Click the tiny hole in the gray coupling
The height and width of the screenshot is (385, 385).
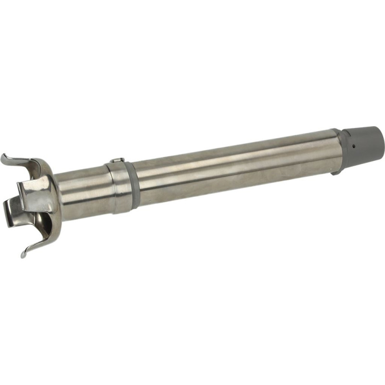(353, 145)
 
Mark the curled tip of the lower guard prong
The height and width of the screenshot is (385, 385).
(24, 254)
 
